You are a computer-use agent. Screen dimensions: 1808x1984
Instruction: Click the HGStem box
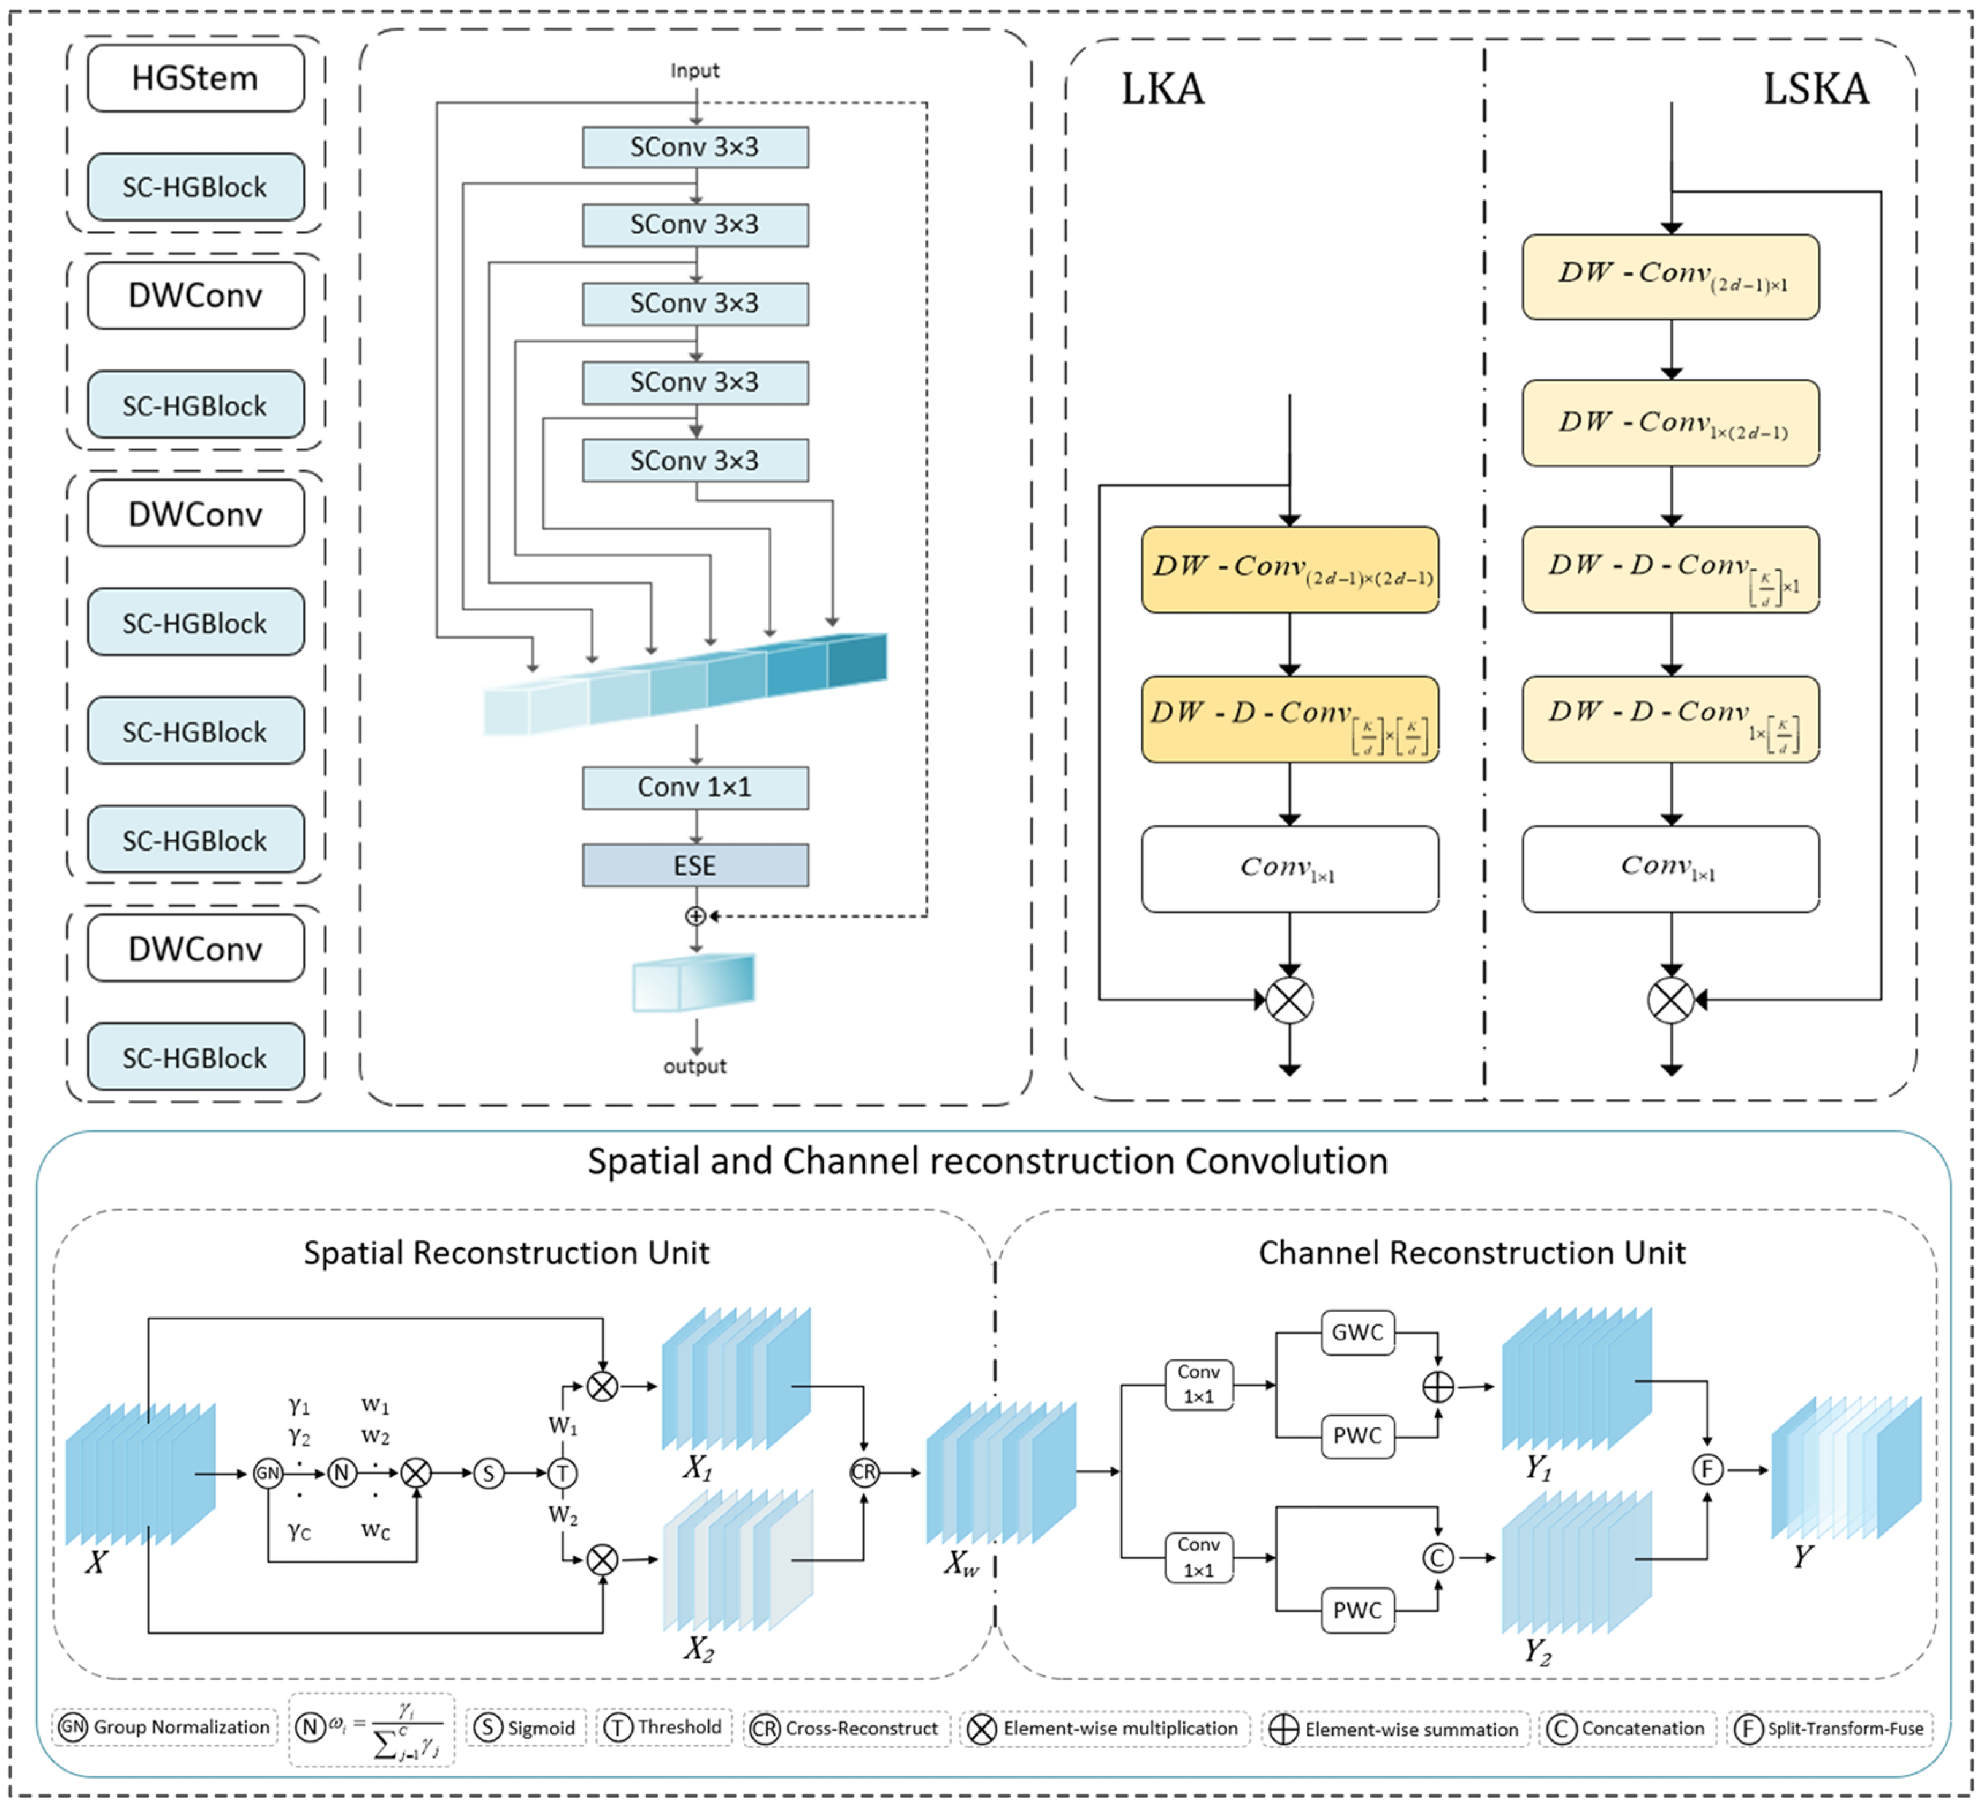(195, 78)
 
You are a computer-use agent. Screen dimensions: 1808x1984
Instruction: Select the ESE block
(695, 865)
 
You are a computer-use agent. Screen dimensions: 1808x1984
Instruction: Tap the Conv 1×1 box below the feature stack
(695, 787)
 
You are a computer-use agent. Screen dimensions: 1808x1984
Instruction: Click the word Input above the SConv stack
(695, 71)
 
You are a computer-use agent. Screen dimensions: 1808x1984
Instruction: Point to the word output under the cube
(695, 1066)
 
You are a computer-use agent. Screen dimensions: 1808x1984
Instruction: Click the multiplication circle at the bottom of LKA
(1289, 1001)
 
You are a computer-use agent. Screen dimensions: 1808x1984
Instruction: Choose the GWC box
(1357, 1332)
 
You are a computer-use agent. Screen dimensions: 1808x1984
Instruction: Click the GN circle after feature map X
(268, 1474)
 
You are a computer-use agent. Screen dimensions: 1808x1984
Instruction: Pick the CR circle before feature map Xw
(864, 1472)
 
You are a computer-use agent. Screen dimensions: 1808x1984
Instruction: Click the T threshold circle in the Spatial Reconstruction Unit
(563, 1474)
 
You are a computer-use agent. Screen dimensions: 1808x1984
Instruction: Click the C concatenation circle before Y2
(1438, 1558)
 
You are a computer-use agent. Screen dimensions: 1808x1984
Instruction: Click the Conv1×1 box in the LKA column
(1289, 868)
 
